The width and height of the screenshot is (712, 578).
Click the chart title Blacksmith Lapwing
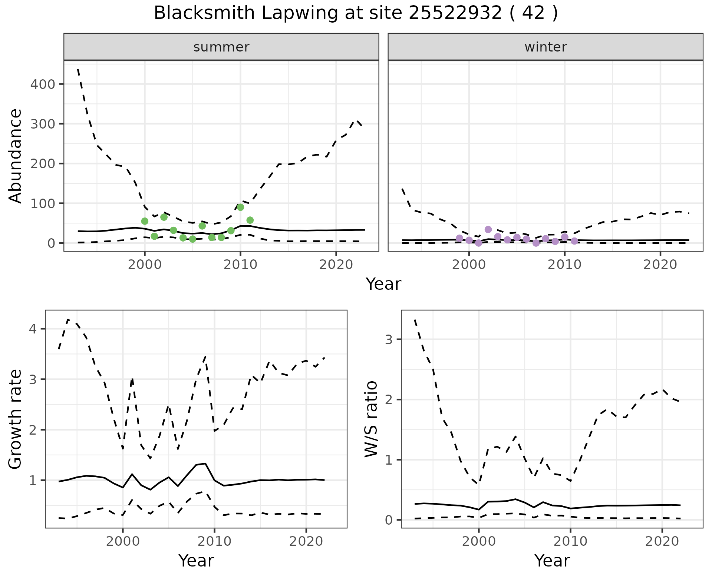[356, 13]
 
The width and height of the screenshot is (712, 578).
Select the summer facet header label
[221, 47]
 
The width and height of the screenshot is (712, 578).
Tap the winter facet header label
[545, 47]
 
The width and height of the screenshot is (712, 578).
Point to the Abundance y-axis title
[16, 156]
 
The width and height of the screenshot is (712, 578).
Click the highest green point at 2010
[240, 207]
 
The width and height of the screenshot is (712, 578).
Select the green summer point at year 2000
[145, 221]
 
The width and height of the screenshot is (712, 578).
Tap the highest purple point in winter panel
[488, 229]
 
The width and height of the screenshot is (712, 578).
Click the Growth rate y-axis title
[16, 419]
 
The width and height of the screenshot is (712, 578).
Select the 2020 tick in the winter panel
[660, 265]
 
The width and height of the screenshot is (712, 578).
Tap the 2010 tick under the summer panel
[240, 265]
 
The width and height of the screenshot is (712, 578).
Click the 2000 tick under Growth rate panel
[123, 542]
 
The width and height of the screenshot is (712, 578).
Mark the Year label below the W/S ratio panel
[552, 561]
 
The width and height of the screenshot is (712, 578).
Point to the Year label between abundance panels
[383, 284]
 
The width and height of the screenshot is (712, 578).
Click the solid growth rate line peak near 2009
[205, 463]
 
